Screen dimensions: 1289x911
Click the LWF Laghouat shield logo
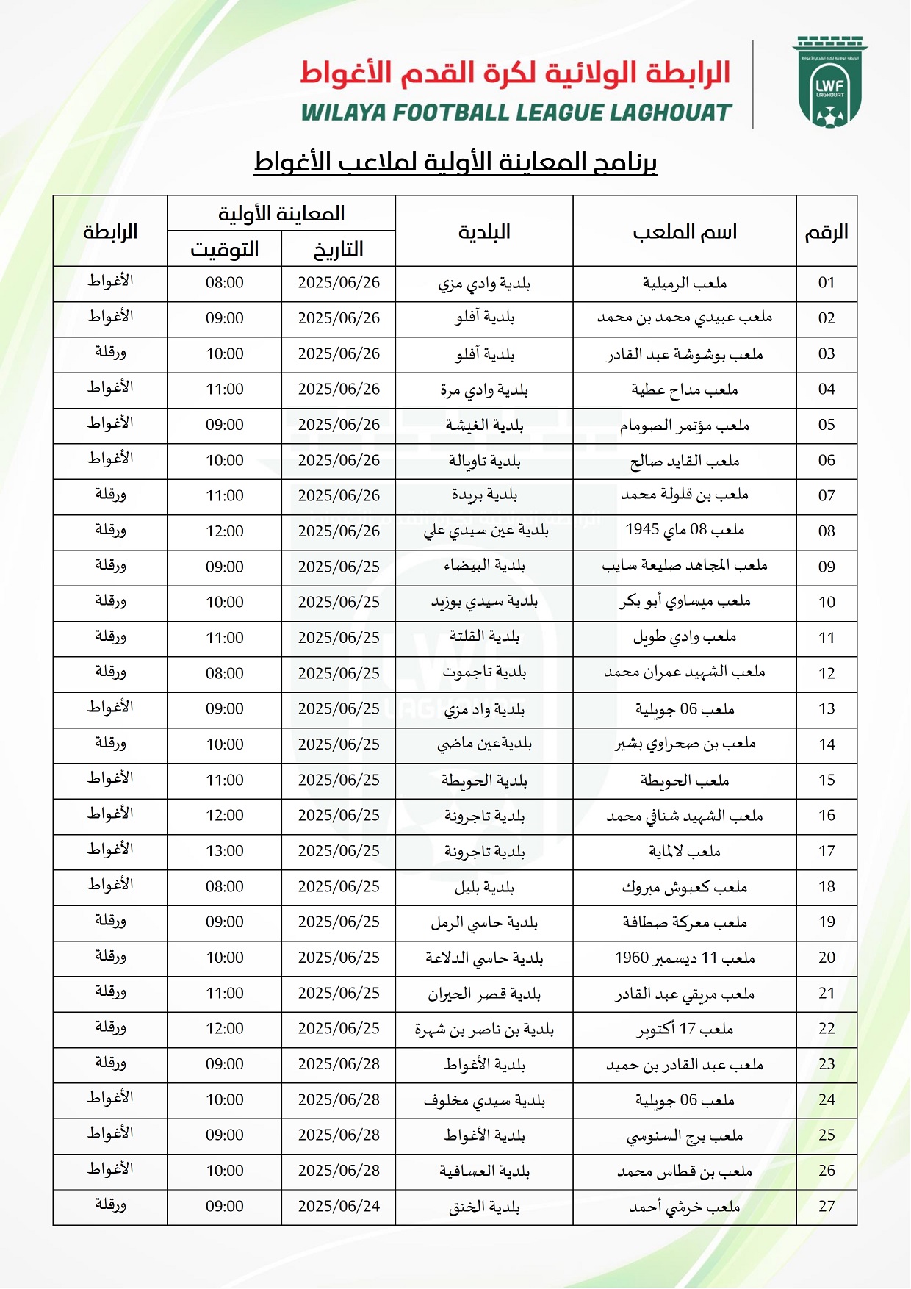coord(830,83)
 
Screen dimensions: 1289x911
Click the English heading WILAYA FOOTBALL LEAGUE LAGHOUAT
coord(516,112)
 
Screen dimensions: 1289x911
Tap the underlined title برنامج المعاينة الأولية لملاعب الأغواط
coord(455,162)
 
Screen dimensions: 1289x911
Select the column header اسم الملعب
coord(684,232)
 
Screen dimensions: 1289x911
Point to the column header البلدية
coord(484,232)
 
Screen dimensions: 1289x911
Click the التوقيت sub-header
coord(225,250)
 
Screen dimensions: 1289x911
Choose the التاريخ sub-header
coord(339,250)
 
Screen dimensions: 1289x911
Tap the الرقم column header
coord(827,232)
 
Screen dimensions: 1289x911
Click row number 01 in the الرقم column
coord(827,283)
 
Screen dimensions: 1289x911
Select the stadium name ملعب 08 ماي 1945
coord(684,531)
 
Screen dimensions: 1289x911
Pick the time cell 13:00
coord(225,851)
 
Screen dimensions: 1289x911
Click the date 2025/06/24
coord(339,1207)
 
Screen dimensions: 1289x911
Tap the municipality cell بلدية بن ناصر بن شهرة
coord(484,1029)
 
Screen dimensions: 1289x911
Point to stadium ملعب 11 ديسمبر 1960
coord(684,958)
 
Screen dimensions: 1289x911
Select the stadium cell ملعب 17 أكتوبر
coord(684,1029)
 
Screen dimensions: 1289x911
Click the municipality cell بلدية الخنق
coord(484,1207)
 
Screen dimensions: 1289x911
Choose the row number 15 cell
coord(827,780)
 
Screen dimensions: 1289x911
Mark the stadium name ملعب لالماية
coord(684,851)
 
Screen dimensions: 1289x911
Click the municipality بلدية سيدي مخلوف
coord(484,1100)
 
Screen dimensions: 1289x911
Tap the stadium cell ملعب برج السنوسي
coord(684,1135)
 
